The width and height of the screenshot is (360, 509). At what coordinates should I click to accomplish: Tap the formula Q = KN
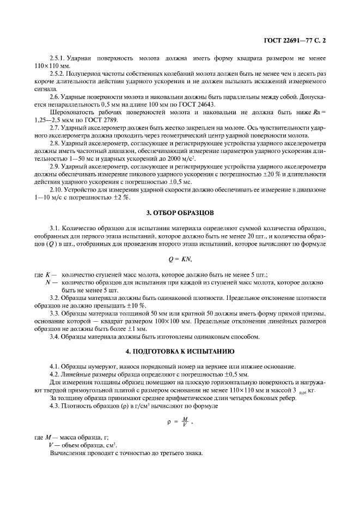(179, 258)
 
